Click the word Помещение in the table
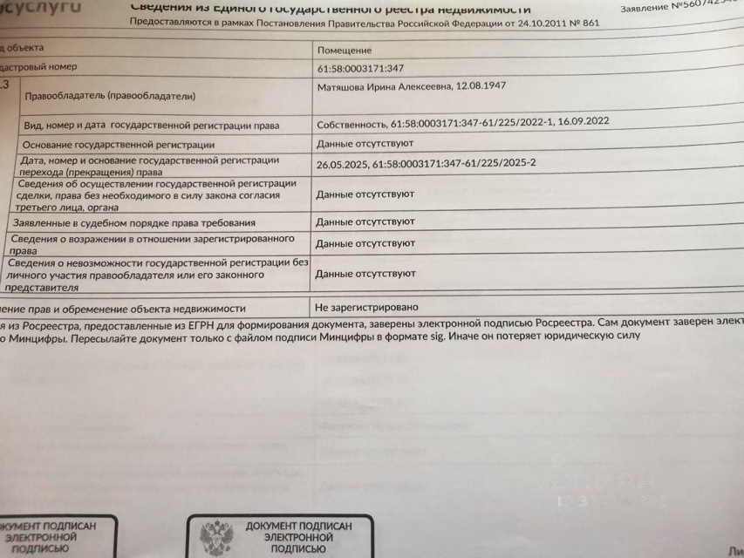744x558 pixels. [x=345, y=51]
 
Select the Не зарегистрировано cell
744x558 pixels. [x=366, y=308]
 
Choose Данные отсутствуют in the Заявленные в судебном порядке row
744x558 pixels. [x=365, y=222]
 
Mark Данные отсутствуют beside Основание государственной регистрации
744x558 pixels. [x=365, y=143]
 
